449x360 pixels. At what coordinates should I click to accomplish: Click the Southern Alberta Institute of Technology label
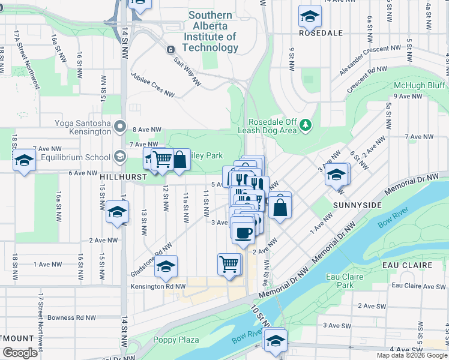pyautogui.click(x=210, y=31)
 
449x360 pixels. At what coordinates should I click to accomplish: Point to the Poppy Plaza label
pyautogui.click(x=176, y=340)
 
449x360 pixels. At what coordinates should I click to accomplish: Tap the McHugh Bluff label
pyautogui.click(x=419, y=85)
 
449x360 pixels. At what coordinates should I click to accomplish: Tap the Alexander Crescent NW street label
pyautogui.click(x=369, y=60)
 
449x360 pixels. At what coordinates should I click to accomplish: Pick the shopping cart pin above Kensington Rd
pyautogui.click(x=229, y=263)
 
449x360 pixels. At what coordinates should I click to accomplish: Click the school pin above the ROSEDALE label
pyautogui.click(x=310, y=16)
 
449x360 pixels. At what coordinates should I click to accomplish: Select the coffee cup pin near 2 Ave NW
pyautogui.click(x=243, y=232)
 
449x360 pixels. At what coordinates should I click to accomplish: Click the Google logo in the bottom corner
pyautogui.click(x=20, y=353)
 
